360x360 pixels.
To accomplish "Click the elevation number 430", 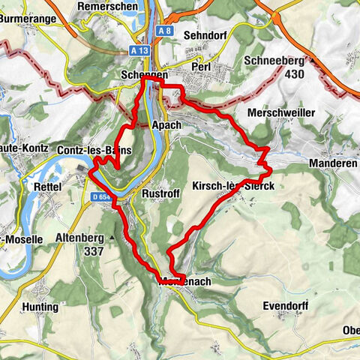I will coord(295,74).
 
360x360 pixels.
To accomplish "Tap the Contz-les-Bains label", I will coord(94,151).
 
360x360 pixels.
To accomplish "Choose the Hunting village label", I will coord(40,307).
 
